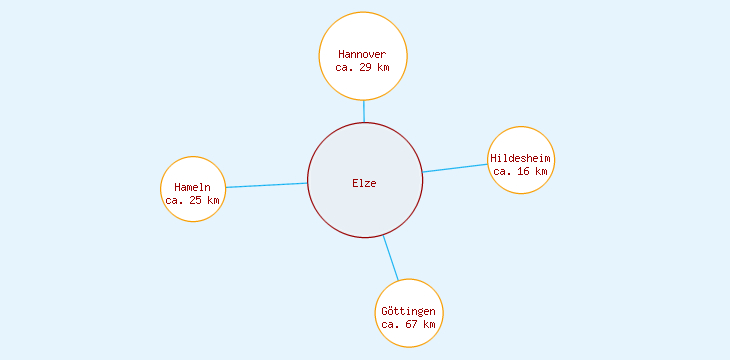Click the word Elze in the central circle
tap(364, 182)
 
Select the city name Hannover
tap(362, 54)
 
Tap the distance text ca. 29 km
tap(362, 67)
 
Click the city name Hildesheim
tap(520, 158)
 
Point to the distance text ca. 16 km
tap(520, 171)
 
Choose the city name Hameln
tap(192, 187)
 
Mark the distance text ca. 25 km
tap(192, 200)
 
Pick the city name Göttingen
tap(408, 311)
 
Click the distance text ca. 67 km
tap(408, 324)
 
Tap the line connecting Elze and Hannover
tap(364, 111)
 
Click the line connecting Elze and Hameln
tap(265, 185)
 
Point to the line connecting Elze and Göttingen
tap(390, 258)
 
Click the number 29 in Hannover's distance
tap(366, 67)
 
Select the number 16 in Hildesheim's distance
tap(524, 171)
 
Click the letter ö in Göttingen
tap(393, 311)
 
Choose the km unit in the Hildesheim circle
tap(541, 171)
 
